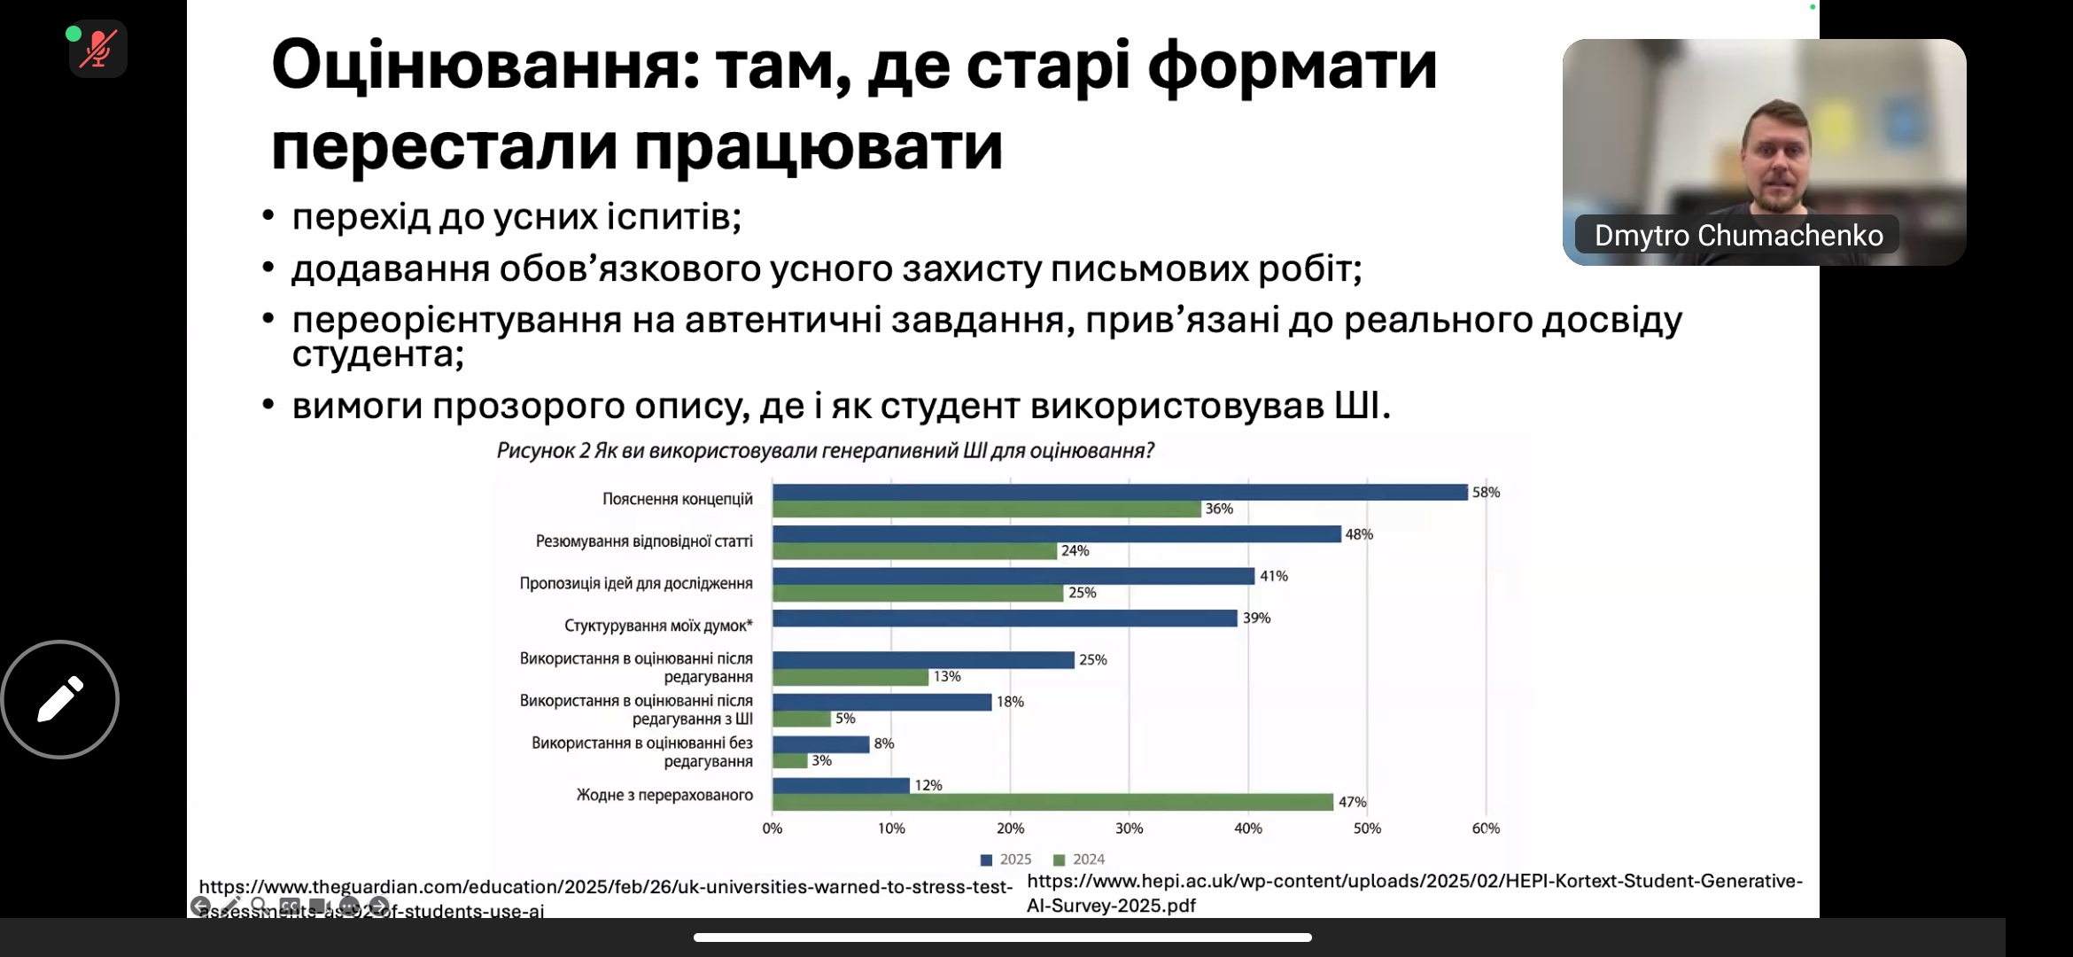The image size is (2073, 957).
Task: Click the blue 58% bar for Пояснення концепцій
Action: coord(1120,492)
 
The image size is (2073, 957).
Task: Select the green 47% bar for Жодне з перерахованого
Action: coord(1052,802)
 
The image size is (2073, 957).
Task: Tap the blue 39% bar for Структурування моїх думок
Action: coord(1005,619)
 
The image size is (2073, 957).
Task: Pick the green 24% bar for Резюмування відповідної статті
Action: coord(915,551)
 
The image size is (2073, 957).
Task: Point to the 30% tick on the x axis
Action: coord(1129,829)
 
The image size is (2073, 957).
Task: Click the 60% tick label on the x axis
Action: coord(1486,829)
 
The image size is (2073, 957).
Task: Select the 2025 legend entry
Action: coord(1006,860)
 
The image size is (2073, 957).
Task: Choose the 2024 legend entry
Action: coord(1079,860)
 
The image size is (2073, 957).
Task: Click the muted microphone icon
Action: coord(98,49)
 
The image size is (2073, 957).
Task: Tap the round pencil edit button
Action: coord(60,699)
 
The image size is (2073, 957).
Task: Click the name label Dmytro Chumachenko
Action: coord(1738,236)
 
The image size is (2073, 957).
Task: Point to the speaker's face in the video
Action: coord(1775,158)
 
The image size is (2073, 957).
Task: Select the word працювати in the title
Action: coord(819,147)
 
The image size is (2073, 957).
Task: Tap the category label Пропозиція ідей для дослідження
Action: coord(636,584)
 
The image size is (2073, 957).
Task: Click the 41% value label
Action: coord(1274,576)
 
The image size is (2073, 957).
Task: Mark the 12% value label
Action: coord(928,786)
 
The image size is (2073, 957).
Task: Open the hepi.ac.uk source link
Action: coord(1414,892)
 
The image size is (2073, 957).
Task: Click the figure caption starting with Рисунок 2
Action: coord(825,451)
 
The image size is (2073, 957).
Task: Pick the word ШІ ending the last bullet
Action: coord(1357,406)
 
